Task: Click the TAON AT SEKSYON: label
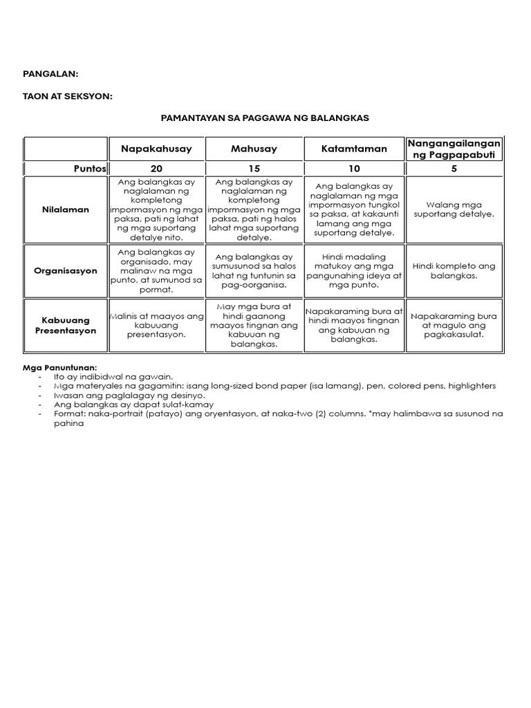(x=67, y=96)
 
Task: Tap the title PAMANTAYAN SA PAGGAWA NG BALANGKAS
(x=265, y=118)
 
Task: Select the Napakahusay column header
(x=156, y=149)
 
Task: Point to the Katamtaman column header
(x=354, y=149)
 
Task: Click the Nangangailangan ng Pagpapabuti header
(x=454, y=148)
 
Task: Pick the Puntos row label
(x=90, y=169)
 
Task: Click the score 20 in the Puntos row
(x=156, y=169)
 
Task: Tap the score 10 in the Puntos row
(x=354, y=169)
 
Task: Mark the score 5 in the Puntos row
(x=454, y=169)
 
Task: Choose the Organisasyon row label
(x=66, y=271)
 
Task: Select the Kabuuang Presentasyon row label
(x=66, y=326)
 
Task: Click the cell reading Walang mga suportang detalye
(x=454, y=209)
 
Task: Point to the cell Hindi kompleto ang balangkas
(x=454, y=270)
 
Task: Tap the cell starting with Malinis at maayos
(x=156, y=326)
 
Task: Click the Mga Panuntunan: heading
(x=60, y=367)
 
